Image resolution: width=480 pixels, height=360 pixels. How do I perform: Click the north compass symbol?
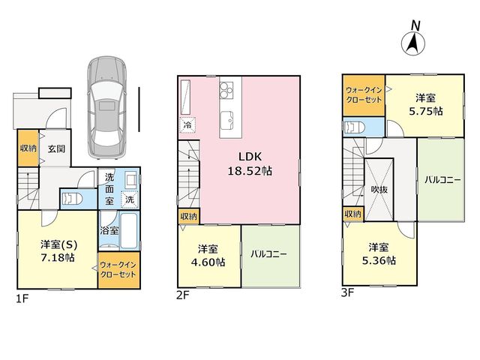[413, 38]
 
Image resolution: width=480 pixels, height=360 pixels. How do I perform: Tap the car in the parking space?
[106, 108]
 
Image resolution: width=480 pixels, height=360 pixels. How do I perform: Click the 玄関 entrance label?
[56, 149]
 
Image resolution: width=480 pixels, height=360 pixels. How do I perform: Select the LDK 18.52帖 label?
[250, 163]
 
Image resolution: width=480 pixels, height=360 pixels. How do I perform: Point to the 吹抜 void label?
[379, 190]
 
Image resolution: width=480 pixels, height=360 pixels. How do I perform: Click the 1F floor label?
[22, 298]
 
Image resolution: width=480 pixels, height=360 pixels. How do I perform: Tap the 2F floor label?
[183, 295]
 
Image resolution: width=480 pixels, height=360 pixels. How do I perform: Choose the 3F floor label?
[347, 293]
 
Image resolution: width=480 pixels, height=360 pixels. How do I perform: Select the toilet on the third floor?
[355, 127]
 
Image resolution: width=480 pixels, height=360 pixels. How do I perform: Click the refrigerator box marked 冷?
[187, 125]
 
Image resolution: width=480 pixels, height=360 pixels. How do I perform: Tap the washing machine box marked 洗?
[130, 199]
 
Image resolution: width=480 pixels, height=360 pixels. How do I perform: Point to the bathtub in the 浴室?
[130, 231]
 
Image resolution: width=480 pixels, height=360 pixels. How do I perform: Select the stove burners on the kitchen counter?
[226, 89]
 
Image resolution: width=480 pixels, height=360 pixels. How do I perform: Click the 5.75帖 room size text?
[426, 111]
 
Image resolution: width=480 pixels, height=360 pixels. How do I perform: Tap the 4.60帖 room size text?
[208, 262]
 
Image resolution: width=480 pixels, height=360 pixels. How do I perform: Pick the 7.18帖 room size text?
[58, 258]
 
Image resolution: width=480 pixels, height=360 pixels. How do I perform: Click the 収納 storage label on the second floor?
[188, 217]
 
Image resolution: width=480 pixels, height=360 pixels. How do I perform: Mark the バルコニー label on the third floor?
[442, 180]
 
